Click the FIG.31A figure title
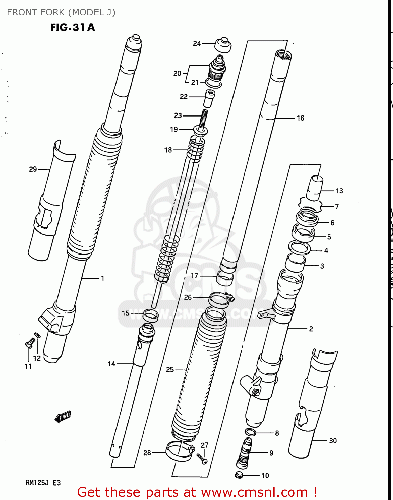coord(73,27)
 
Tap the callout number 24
coord(197,43)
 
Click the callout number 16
coord(300,118)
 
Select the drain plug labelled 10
coord(239,475)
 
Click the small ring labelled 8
coord(251,432)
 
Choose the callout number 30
coord(333,441)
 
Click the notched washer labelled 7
coord(311,205)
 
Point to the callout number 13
coord(339,191)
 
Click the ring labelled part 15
coord(150,315)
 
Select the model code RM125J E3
coord(43,483)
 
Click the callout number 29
coord(33,169)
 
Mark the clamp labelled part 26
coord(220,298)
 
